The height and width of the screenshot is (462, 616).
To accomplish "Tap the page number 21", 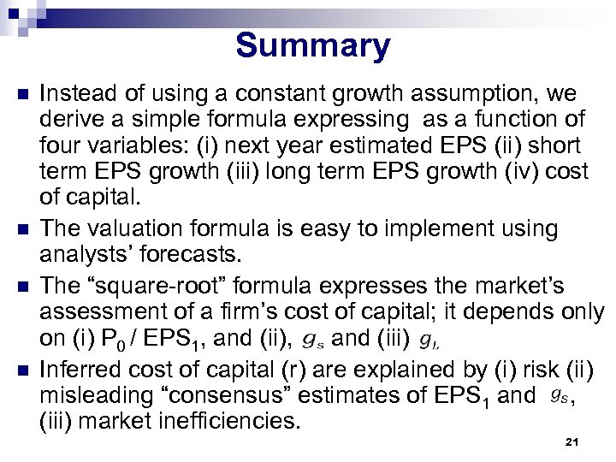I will point(573,442).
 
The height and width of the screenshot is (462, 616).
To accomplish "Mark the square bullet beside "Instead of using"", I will point(22,93).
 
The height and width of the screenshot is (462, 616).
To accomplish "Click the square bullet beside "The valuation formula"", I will point(22,229).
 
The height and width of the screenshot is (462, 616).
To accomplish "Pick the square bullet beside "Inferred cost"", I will point(22,370).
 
